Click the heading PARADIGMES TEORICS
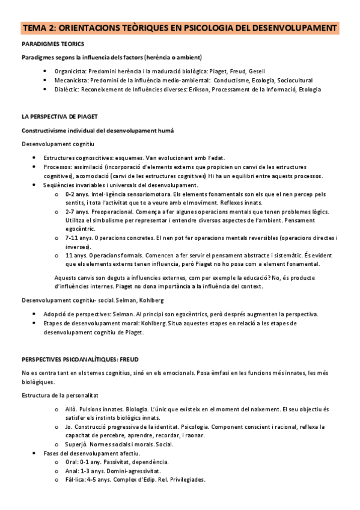[x=53, y=45]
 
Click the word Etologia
[x=308, y=89]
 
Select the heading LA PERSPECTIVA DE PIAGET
[x=60, y=115]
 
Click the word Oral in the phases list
[x=70, y=462]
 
